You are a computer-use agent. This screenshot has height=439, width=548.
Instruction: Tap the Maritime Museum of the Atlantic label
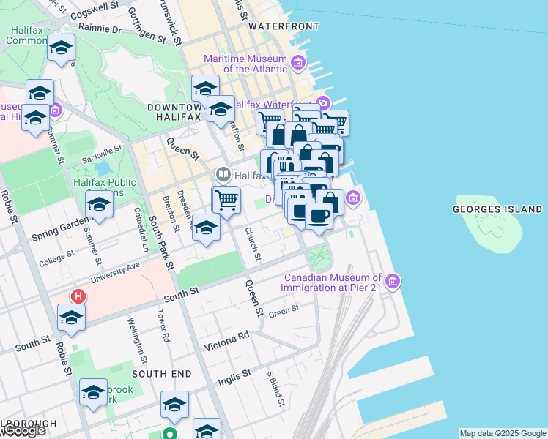[245, 64]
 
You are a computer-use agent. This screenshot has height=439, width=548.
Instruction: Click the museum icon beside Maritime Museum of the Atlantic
[297, 64]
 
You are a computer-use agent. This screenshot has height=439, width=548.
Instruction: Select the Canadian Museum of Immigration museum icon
[393, 282]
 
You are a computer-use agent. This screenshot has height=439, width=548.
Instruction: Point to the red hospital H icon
[77, 297]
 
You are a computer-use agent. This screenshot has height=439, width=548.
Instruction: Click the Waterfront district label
[284, 26]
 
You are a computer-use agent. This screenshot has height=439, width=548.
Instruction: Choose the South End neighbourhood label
[162, 374]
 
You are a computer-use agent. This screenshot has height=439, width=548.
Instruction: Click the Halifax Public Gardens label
[105, 187]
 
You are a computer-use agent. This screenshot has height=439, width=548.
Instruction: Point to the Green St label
[284, 311]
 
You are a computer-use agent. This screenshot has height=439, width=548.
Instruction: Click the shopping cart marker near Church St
[226, 199]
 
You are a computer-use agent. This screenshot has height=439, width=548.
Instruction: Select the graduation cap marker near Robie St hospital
[71, 318]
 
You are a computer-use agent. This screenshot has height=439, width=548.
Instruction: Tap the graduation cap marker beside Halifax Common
[62, 48]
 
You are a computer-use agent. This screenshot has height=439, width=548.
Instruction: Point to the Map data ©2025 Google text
[502, 433]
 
